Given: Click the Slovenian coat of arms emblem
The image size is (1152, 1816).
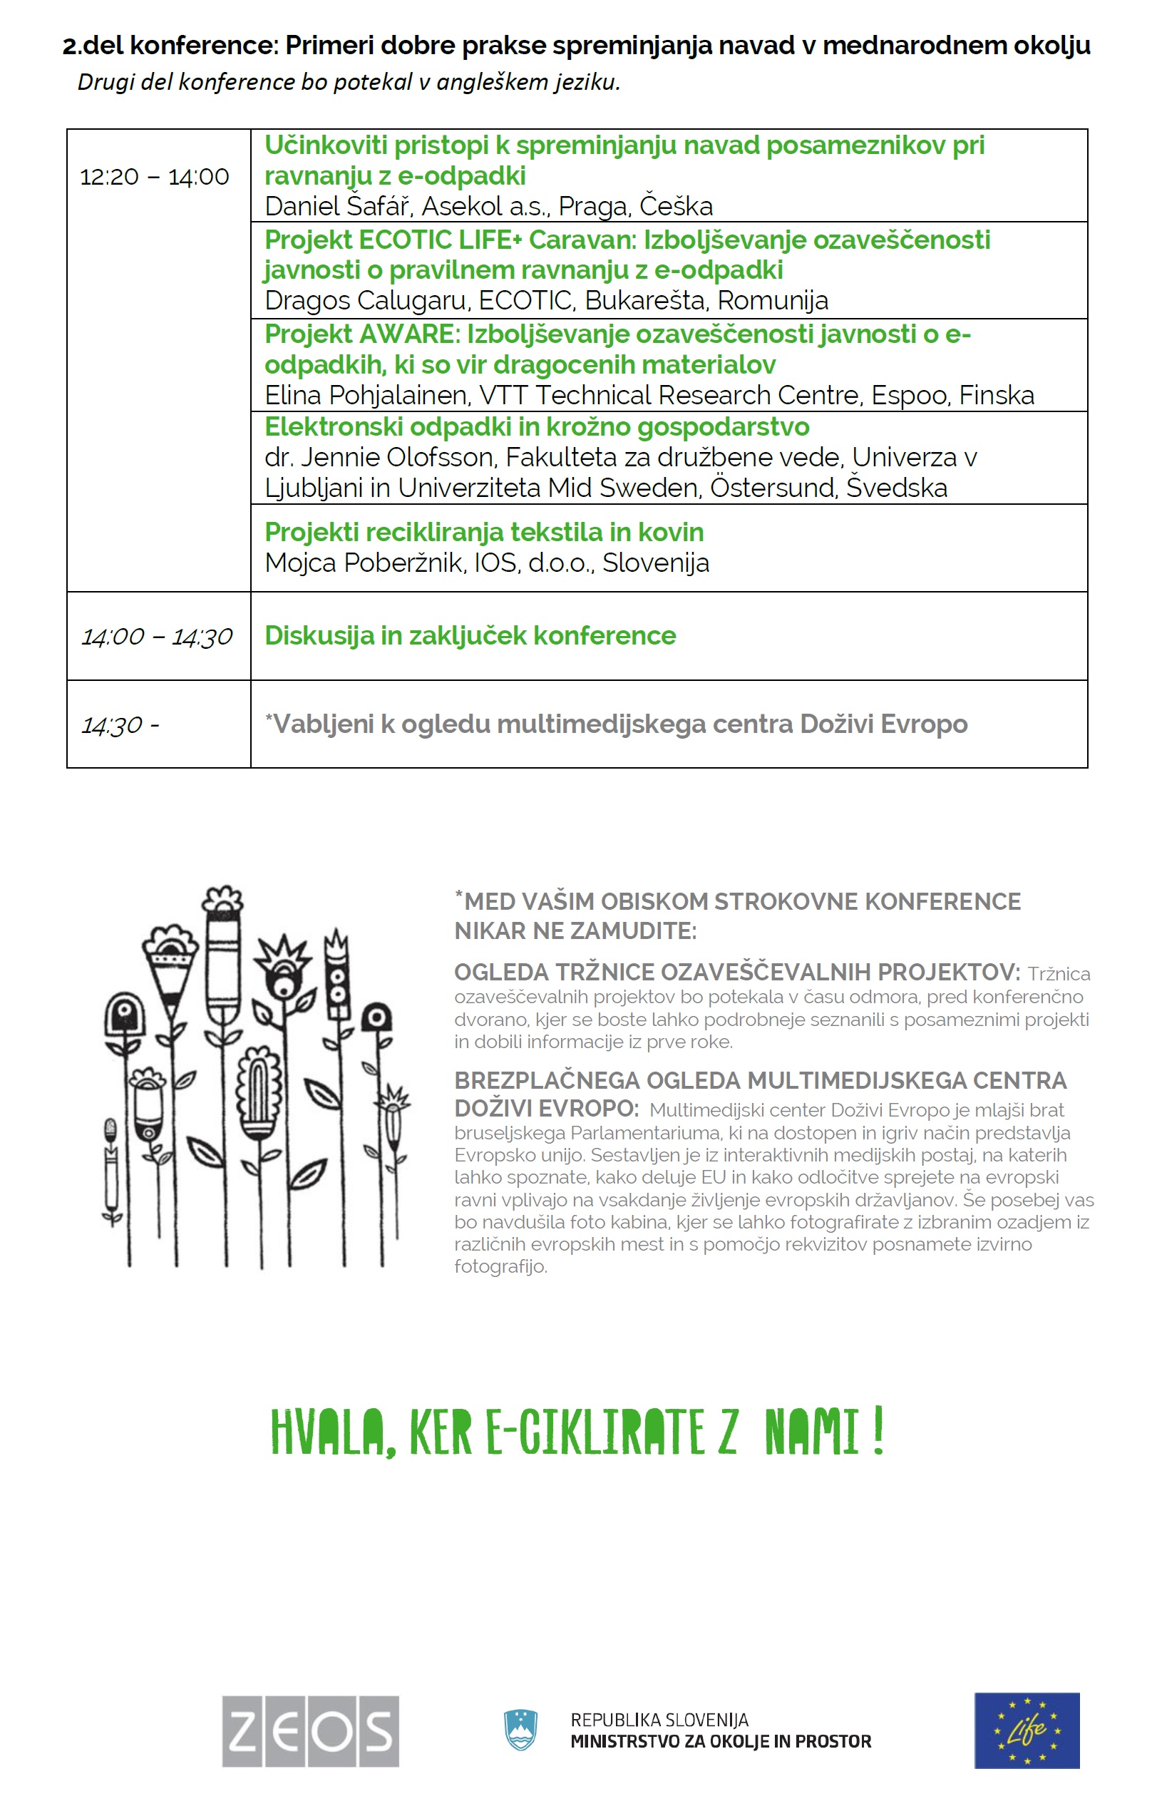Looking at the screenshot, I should click(520, 1729).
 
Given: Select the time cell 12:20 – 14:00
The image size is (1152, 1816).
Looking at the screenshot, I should click(155, 178).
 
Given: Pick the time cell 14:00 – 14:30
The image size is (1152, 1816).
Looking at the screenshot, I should click(157, 637).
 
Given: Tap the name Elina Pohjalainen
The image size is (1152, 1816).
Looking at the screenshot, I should click(366, 395).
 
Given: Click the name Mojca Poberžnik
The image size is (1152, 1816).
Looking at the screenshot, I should click(363, 563).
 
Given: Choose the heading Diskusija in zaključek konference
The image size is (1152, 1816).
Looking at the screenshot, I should click(470, 636).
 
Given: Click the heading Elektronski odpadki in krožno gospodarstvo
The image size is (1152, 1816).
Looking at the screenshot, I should click(537, 427).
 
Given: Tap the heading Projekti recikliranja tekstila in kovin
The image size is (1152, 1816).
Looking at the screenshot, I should click(484, 533).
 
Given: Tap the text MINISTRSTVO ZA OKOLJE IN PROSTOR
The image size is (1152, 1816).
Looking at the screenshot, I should click(720, 1741).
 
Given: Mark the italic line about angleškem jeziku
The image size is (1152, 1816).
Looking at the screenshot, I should click(349, 81).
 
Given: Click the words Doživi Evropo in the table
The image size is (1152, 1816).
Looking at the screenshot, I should click(883, 724).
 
